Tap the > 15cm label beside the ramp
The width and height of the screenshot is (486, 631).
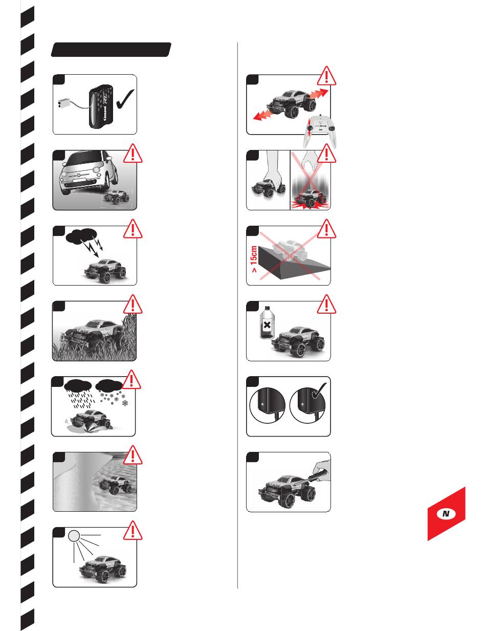tap(254, 259)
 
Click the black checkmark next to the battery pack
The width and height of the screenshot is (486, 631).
tap(125, 99)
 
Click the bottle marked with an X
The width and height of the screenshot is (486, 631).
tap(267, 322)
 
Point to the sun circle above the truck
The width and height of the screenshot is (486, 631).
tap(74, 536)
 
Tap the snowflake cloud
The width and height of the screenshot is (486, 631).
tap(109, 384)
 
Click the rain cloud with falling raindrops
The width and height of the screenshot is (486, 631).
tap(78, 385)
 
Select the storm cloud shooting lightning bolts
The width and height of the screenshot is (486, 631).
tap(81, 235)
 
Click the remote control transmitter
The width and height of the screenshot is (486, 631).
tap(320, 131)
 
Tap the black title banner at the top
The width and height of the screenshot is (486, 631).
tap(111, 50)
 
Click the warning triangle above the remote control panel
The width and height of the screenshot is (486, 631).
tap(326, 76)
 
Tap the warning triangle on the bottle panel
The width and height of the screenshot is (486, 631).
tap(326, 304)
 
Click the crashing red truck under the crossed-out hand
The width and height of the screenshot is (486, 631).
tap(310, 199)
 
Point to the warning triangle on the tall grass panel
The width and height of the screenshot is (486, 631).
tap(132, 304)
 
